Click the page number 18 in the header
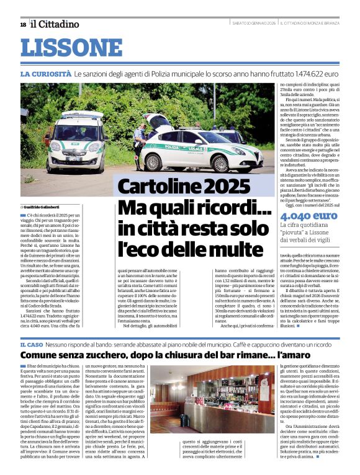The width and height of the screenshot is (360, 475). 23,24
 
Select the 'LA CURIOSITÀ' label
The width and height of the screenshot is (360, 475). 45,74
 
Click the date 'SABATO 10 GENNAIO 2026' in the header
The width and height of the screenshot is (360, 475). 250,24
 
